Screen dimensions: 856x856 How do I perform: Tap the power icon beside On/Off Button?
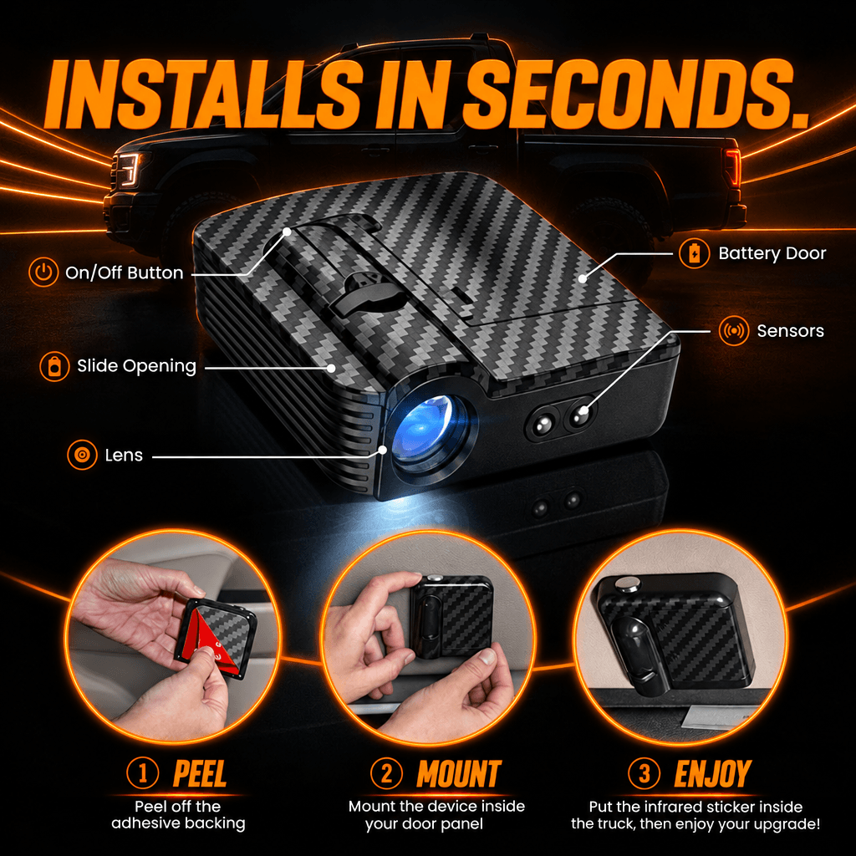[x=43, y=272]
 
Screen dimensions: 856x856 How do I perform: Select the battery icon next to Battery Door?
[x=695, y=253]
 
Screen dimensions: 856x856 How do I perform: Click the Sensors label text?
[x=791, y=331]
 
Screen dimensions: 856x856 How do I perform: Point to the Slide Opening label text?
[x=136, y=366]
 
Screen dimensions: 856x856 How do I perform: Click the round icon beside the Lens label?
[x=83, y=455]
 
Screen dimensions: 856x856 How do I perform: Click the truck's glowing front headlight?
[x=129, y=170]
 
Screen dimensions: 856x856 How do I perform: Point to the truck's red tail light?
[x=732, y=167]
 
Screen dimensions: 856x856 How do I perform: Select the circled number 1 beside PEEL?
[x=142, y=773]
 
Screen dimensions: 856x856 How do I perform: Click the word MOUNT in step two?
[x=459, y=774]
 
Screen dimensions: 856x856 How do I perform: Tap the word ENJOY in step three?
[x=713, y=774]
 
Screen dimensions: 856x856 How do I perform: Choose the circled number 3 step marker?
[x=645, y=773]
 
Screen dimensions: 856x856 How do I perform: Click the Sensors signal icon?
[x=734, y=331]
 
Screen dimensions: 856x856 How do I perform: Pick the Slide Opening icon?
[x=54, y=366]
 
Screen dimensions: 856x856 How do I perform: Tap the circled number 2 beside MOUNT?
[x=386, y=773]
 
